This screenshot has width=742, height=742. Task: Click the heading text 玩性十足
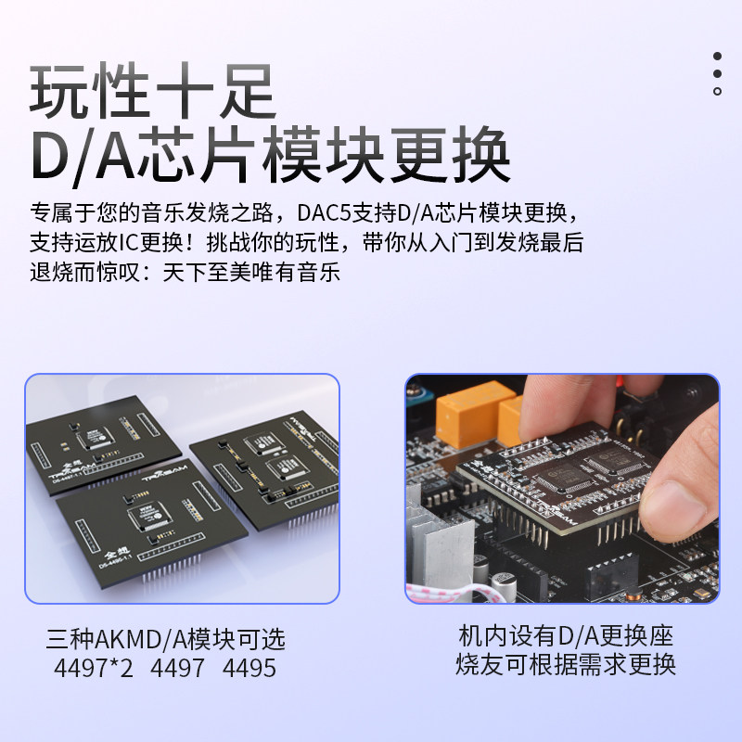click(x=153, y=90)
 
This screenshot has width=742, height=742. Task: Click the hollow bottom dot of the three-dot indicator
click(x=717, y=91)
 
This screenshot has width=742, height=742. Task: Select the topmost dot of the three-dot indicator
click(x=717, y=56)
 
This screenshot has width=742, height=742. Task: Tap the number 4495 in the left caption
click(x=249, y=668)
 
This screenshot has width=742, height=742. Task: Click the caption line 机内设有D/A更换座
click(x=565, y=637)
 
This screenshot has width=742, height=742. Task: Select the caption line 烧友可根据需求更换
click(x=565, y=665)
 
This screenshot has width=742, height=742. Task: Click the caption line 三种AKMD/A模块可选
click(x=167, y=639)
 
